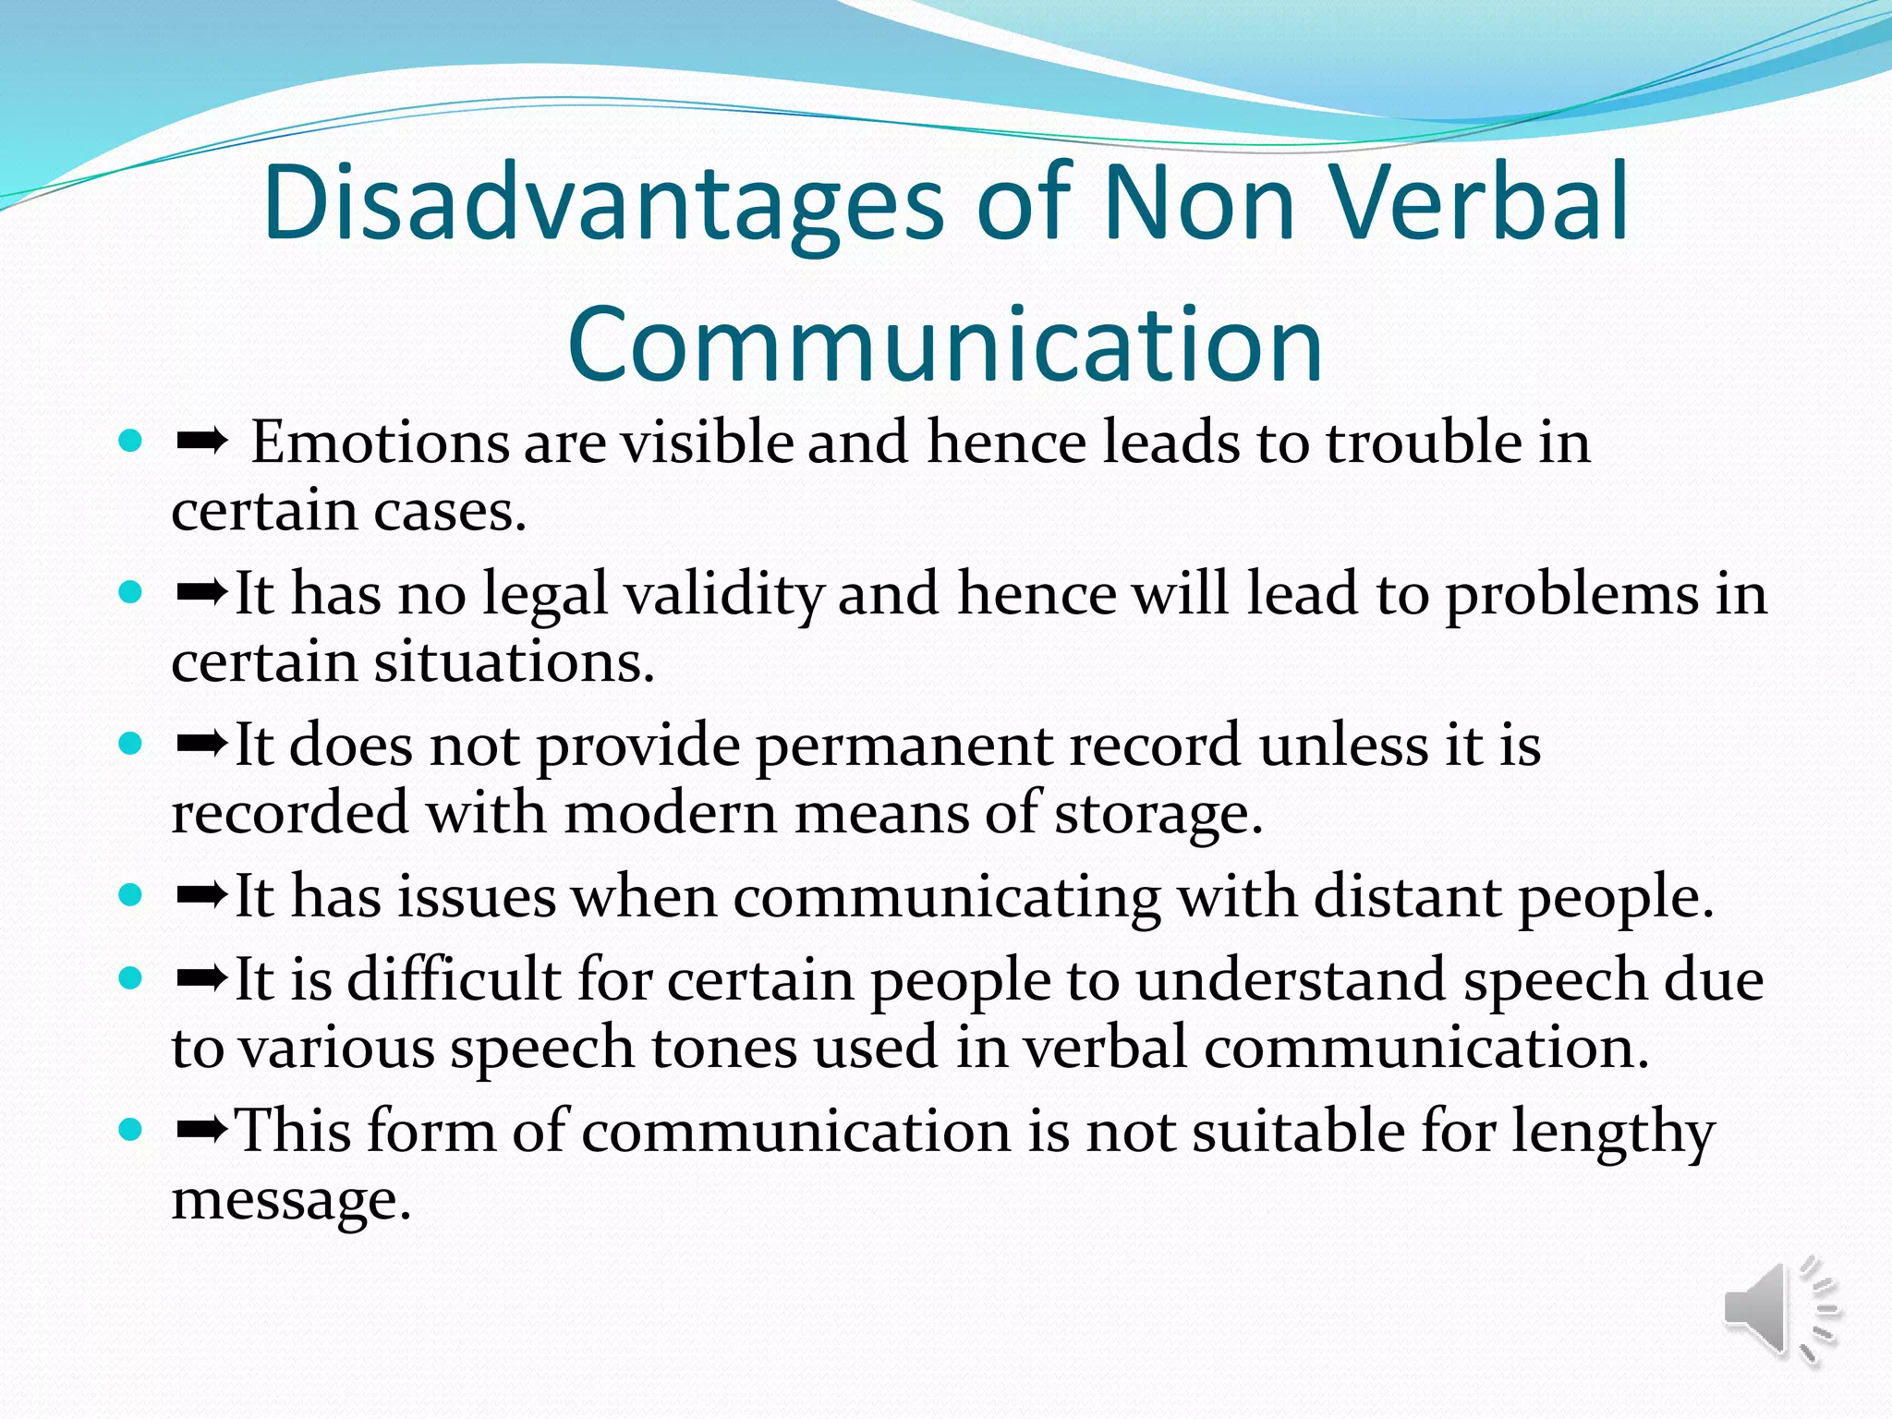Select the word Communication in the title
coord(945,345)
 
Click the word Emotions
coord(379,443)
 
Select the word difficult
coord(454,979)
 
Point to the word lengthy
coord(1612,1132)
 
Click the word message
coord(290,1200)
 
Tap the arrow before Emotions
coord(201,443)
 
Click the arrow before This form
coord(201,1129)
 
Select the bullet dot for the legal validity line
coord(131,592)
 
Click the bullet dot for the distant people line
coord(131,894)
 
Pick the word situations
coord(513,662)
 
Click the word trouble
coord(1424,443)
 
